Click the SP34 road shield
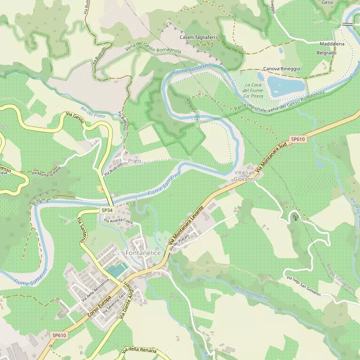tap(107, 211)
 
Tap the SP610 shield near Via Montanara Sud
tap(298, 139)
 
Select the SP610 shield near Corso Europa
tap(60, 335)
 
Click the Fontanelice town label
tap(143, 253)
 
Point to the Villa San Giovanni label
tap(244, 176)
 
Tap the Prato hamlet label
tap(135, 161)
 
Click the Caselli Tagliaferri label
tap(196, 37)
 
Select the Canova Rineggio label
tap(281, 68)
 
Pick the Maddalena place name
tap(332, 44)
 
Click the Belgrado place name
tap(327, 53)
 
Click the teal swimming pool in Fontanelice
tap(117, 270)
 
